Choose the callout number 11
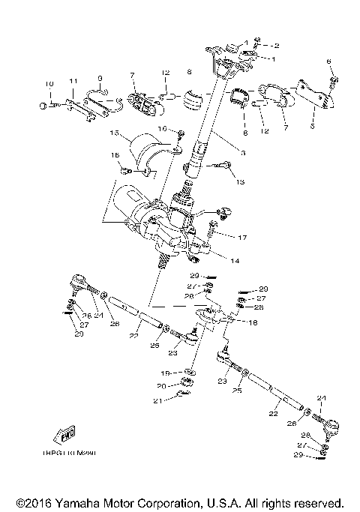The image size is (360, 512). coord(73,80)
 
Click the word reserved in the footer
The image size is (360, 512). coord(319,502)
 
